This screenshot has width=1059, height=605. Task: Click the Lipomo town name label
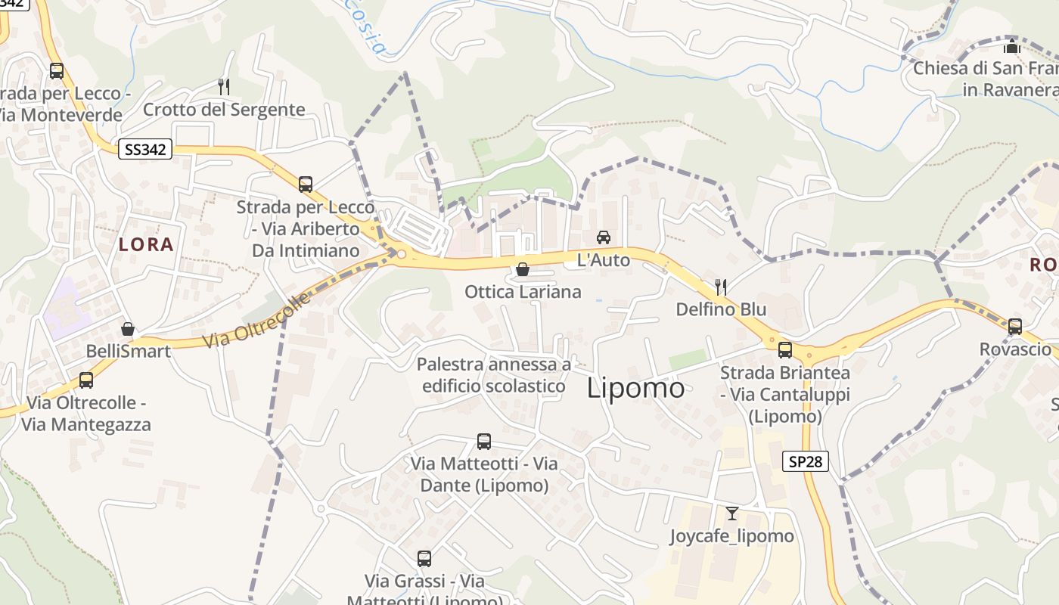click(x=636, y=388)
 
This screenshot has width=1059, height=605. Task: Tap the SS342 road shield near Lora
click(x=145, y=149)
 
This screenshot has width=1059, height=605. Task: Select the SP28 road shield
click(x=806, y=461)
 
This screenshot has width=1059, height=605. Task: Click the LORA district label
click(x=146, y=244)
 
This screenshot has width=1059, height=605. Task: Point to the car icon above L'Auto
click(x=604, y=237)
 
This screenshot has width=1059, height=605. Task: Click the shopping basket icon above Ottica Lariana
click(x=522, y=269)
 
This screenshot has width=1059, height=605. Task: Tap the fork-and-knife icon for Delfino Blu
click(x=721, y=287)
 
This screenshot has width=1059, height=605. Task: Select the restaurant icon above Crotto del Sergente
click(x=224, y=86)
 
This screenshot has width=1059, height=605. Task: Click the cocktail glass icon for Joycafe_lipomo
click(x=731, y=513)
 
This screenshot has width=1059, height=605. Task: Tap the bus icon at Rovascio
click(x=1015, y=327)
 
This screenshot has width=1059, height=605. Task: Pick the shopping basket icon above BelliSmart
click(x=128, y=329)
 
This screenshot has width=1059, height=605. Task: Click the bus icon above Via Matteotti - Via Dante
click(x=484, y=441)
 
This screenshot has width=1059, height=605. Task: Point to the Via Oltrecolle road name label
click(x=257, y=321)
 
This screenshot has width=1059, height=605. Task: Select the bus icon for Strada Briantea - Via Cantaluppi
click(x=785, y=350)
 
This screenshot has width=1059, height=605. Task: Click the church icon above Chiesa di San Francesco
click(x=1012, y=45)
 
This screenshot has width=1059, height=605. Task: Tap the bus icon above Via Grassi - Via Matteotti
click(x=424, y=559)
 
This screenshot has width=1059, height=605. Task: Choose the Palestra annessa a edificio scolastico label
click(x=494, y=375)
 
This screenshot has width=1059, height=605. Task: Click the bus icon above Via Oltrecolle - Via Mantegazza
click(x=86, y=380)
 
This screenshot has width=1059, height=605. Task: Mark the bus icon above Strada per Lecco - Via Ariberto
click(x=306, y=185)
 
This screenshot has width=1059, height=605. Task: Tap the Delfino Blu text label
click(x=721, y=309)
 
